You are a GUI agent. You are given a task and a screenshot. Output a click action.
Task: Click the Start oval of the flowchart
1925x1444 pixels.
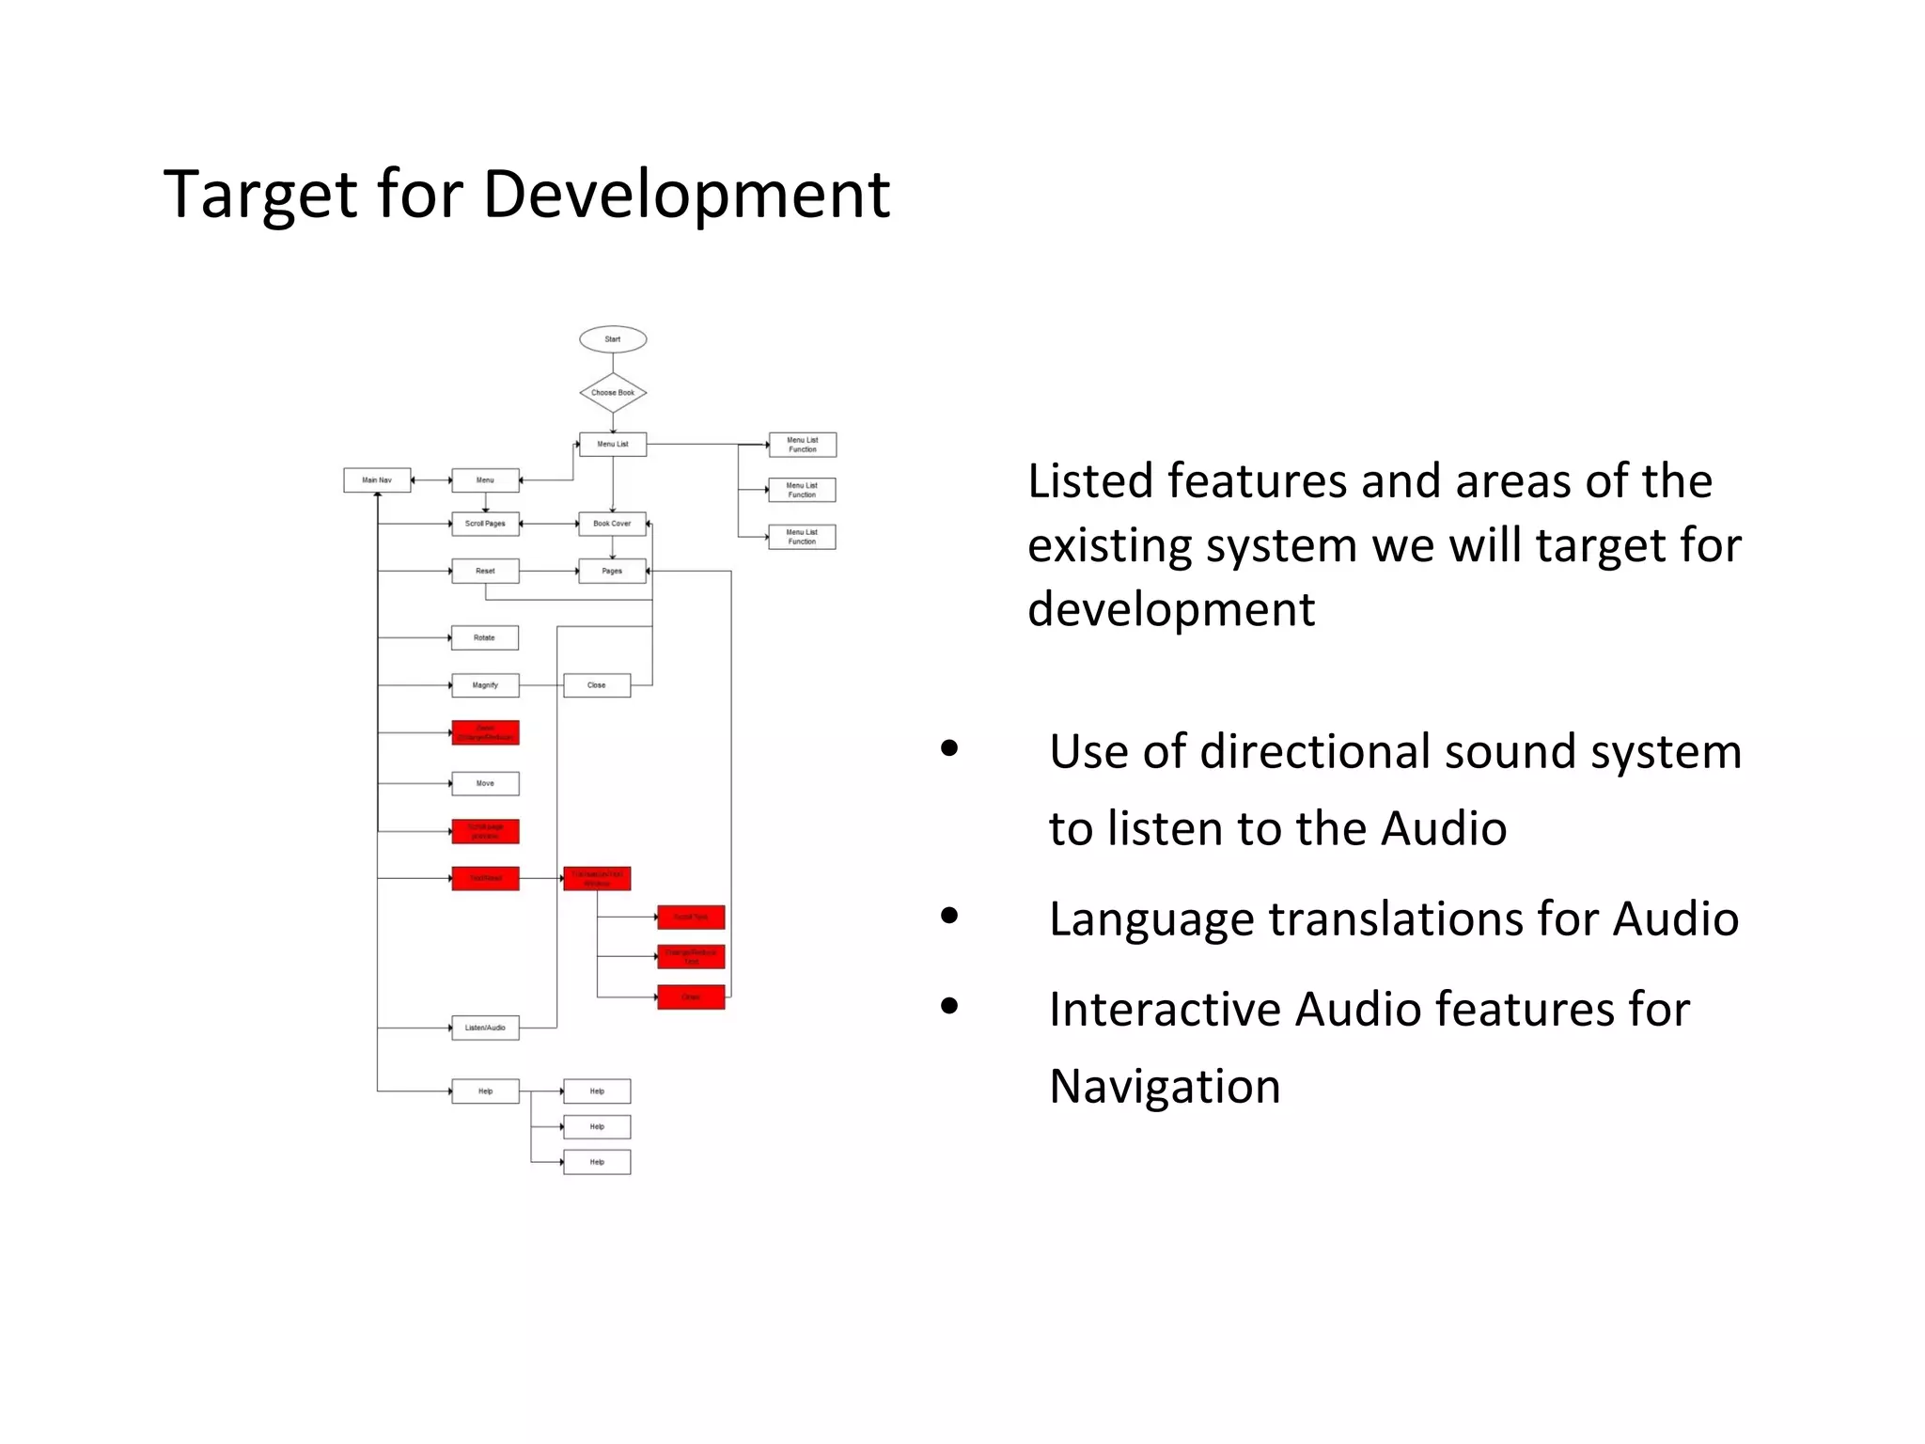(x=613, y=339)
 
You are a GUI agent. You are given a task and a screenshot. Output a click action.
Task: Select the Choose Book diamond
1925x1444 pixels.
(x=613, y=393)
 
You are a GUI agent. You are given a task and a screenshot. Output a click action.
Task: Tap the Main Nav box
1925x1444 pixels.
(x=377, y=480)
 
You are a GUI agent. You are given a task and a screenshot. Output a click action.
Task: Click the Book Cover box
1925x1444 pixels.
(x=612, y=524)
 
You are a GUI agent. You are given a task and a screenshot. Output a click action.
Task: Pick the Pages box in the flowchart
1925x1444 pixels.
(x=612, y=571)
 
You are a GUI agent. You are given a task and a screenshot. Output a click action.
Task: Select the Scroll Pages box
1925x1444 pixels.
(x=485, y=524)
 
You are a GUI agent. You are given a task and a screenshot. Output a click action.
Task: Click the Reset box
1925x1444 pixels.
(x=485, y=571)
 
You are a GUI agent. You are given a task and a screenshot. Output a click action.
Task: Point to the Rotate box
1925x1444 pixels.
(x=484, y=637)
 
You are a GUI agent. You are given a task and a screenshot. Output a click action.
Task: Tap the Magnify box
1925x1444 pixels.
(x=485, y=685)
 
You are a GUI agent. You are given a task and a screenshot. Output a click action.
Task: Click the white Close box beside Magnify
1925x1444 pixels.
(x=597, y=685)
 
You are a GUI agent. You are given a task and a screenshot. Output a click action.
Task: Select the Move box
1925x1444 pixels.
(x=485, y=783)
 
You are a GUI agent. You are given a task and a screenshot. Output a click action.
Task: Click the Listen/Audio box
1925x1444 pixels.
(x=485, y=1028)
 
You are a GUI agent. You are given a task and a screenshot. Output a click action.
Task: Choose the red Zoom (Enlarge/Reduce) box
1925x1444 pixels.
(x=485, y=732)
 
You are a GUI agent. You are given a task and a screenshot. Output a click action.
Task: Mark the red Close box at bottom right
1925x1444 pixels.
(x=691, y=997)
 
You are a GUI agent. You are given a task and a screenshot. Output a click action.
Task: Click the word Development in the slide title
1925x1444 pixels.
(x=686, y=195)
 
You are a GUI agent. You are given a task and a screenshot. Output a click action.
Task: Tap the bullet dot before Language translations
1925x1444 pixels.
(x=949, y=916)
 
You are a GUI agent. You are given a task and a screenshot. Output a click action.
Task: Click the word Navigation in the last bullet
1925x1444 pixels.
(x=1165, y=1087)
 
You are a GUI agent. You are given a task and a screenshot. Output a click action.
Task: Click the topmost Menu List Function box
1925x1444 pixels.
(x=802, y=445)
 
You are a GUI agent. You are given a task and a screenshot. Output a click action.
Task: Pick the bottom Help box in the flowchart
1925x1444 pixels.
(x=597, y=1162)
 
